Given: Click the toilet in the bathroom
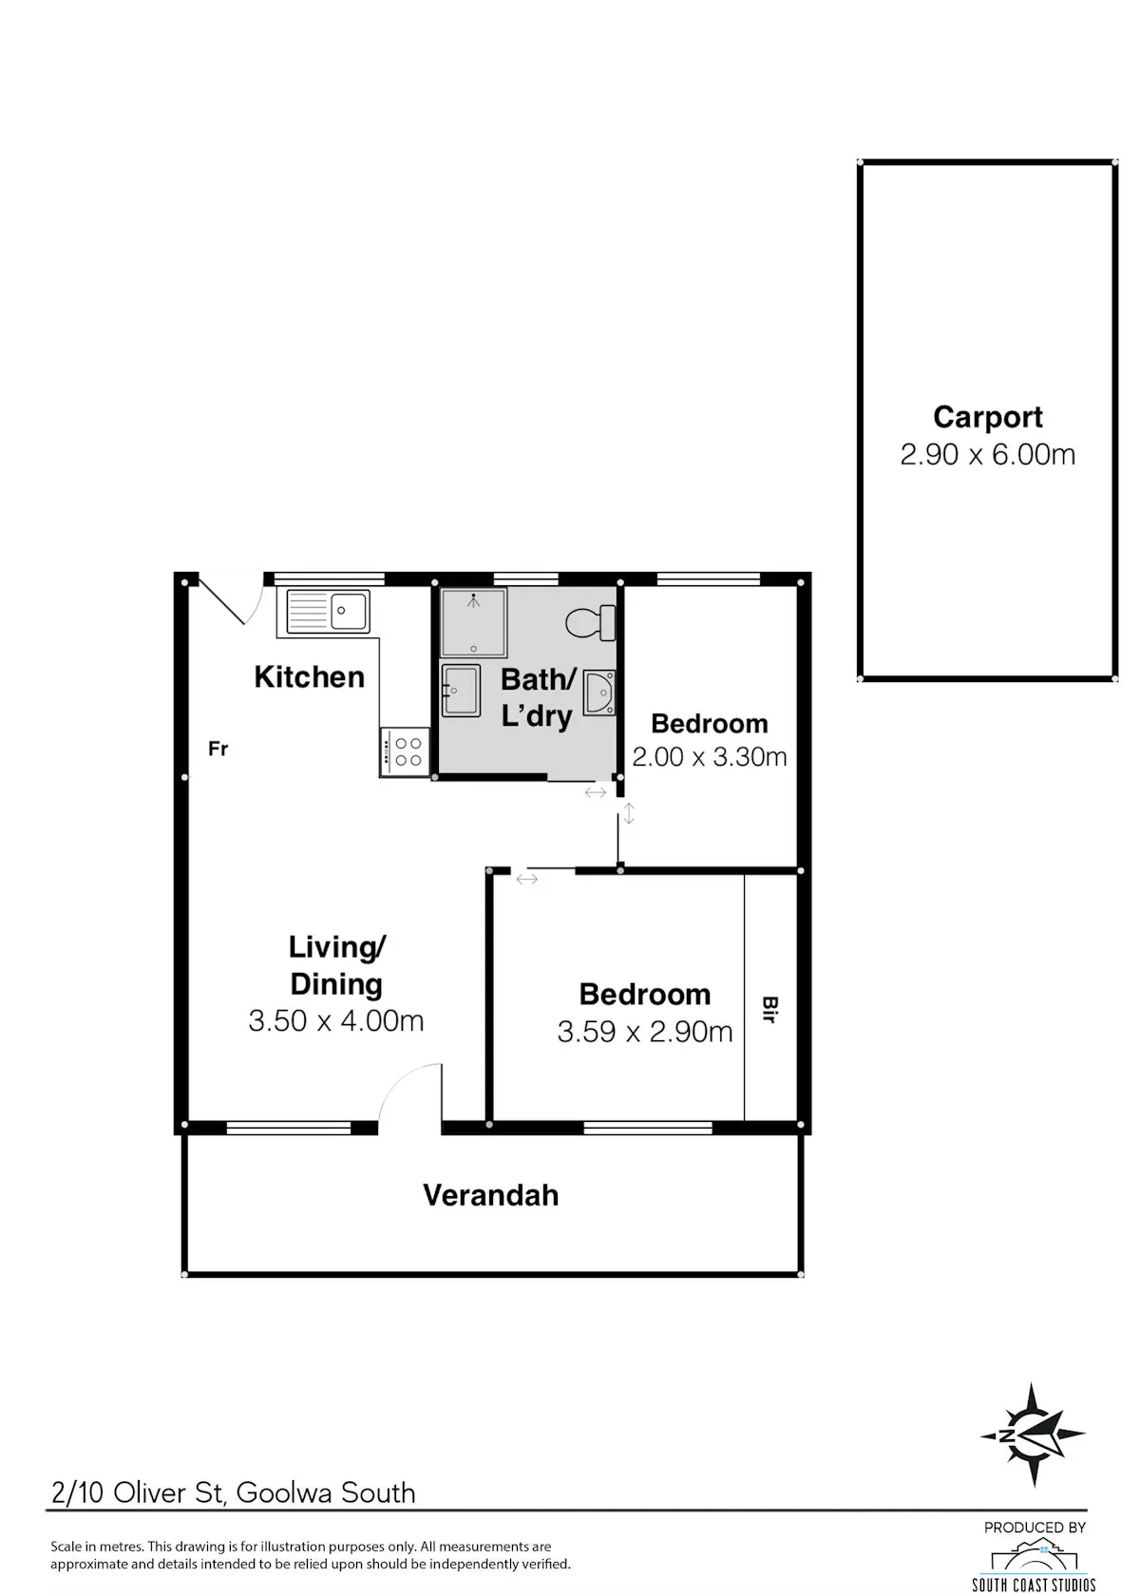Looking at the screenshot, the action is pos(591,623).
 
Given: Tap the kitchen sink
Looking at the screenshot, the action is pos(328,611).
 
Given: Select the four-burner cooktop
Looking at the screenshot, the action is pos(405,751).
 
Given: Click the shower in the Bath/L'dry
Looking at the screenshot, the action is pos(474,622).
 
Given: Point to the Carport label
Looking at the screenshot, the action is pos(988,418).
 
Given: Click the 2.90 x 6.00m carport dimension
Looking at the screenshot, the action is pos(988,454).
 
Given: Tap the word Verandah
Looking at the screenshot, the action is pos(491,1195).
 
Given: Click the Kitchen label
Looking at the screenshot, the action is pos(310,676).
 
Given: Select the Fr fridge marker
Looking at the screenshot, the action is pos(218,749).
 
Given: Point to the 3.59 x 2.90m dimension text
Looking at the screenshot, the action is pos(645,1032).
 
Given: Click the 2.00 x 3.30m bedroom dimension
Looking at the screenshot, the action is pos(710,756).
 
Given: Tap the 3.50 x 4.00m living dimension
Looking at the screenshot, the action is pos(336,1021).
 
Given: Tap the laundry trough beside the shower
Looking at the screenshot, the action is pos(461,691).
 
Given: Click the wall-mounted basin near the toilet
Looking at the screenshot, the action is pos(599,692).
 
